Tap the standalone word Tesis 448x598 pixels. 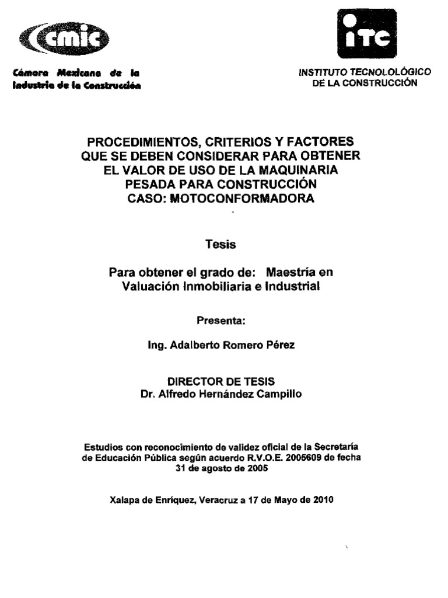(x=221, y=245)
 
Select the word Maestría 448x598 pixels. (x=298, y=273)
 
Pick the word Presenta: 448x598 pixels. (x=221, y=321)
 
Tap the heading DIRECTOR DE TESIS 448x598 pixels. (x=221, y=381)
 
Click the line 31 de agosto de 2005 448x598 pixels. (x=221, y=469)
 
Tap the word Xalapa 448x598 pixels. (x=124, y=500)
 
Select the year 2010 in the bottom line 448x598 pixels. (x=323, y=500)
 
